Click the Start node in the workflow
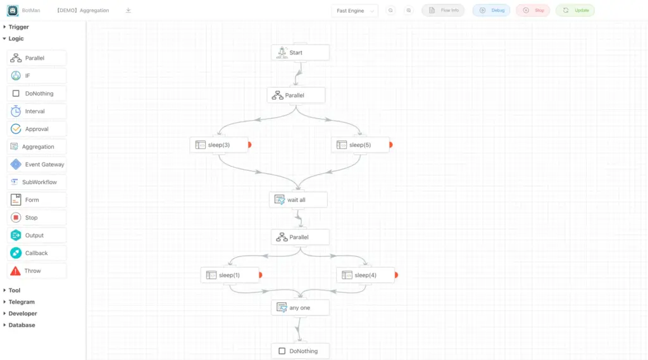tap(301, 53)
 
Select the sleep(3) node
tap(219, 145)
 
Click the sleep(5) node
tap(360, 145)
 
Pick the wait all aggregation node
tap(299, 200)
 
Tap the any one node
tap(301, 307)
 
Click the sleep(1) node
tap(230, 275)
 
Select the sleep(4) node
tap(365, 275)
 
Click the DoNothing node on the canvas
tap(301, 351)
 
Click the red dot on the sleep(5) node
tap(391, 145)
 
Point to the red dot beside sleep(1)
tap(260, 275)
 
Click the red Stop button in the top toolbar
tap(533, 10)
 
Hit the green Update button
tap(575, 10)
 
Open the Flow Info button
tap(443, 10)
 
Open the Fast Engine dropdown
tap(354, 11)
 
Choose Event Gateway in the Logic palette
tap(37, 164)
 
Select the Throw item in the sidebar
tap(37, 271)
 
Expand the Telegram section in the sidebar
tap(22, 302)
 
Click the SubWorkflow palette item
tap(37, 182)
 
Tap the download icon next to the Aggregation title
tap(128, 10)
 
